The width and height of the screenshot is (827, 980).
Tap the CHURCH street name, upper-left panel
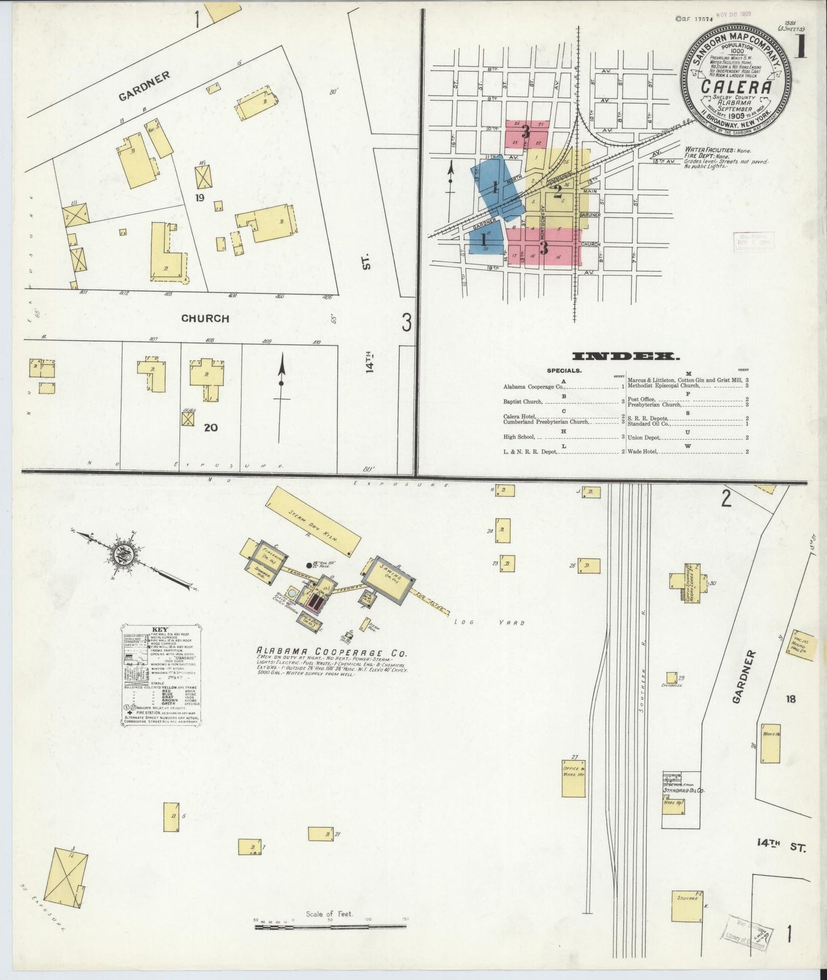pos(205,318)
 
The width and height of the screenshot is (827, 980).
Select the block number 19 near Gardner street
pos(199,198)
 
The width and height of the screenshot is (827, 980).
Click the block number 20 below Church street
pos(211,427)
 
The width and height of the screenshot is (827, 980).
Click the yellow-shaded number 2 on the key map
pos(557,192)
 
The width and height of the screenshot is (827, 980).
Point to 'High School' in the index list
pos(519,437)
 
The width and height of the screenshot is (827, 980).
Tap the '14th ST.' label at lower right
pos(781,846)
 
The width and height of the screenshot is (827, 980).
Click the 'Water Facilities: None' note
pos(718,150)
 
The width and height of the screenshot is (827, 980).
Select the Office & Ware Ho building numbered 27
pos(573,778)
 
